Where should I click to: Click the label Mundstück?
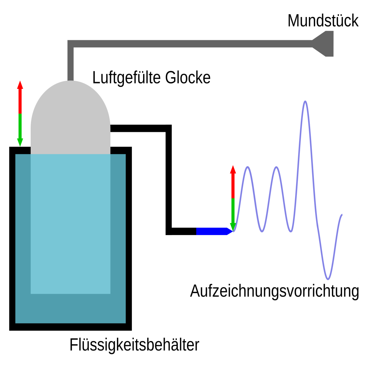point(323,21)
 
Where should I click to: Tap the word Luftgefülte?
point(126,78)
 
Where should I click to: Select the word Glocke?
point(188,78)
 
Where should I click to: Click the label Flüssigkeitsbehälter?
point(134,345)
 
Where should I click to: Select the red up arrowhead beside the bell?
point(20,85)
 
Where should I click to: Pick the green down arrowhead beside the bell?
point(20,142)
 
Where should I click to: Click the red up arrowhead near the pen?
point(233,169)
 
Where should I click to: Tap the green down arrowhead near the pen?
point(233,227)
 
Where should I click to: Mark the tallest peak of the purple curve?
point(305,102)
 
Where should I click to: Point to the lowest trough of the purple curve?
point(328,279)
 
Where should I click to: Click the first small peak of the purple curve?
point(248,167)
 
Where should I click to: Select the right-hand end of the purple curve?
point(342,215)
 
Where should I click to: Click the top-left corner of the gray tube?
point(71,43)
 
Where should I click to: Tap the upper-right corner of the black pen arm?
point(168,128)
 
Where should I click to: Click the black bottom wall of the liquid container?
point(71,327)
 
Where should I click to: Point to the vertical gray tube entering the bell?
point(71,65)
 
